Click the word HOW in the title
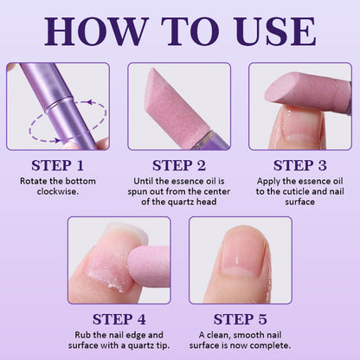click(x=95, y=31)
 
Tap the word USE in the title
click(x=276, y=31)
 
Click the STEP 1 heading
click(x=58, y=165)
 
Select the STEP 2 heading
click(x=179, y=165)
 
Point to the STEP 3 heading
click(x=300, y=165)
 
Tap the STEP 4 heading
click(x=119, y=319)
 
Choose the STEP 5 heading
click(x=241, y=319)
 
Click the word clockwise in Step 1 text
click(x=58, y=191)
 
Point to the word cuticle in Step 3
click(x=301, y=191)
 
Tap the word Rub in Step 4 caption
click(x=83, y=335)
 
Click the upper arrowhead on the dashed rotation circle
click(x=91, y=102)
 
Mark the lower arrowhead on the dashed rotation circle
click(x=58, y=140)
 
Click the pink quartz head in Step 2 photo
click(x=178, y=104)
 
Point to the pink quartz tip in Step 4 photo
click(x=150, y=266)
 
